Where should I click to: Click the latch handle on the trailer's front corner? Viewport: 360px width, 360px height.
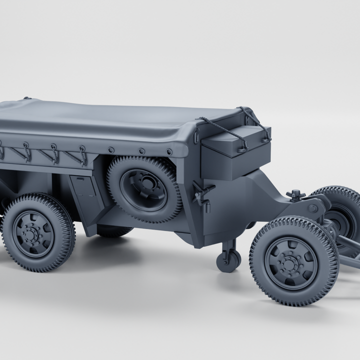coord(202,192)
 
